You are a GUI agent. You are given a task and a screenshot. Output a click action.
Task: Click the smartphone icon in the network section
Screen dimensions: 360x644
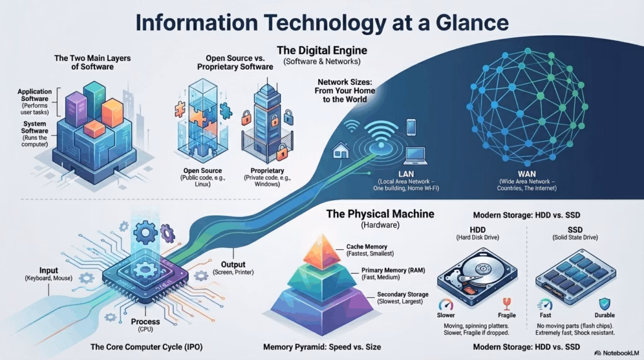(411, 127)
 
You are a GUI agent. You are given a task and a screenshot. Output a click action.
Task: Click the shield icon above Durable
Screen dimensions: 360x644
(604, 303)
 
